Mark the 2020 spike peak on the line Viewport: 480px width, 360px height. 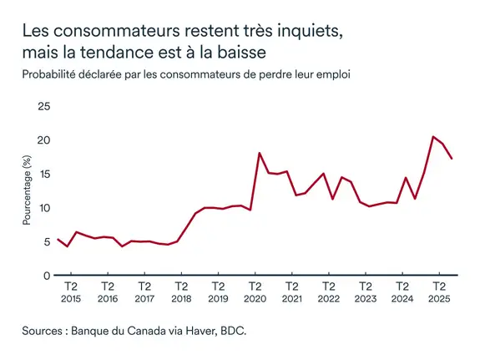pos(260,153)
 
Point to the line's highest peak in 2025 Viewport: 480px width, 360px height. pos(433,136)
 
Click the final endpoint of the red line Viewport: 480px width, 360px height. pos(452,159)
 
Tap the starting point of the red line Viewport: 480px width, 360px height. pos(58,240)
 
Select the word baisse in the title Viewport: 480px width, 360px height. pos(240,53)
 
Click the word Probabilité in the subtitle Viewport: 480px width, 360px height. pos(52,74)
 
